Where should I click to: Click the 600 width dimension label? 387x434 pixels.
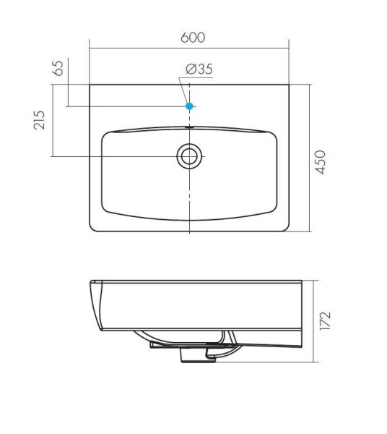click(x=193, y=38)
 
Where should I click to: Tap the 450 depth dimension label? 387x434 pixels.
click(x=321, y=162)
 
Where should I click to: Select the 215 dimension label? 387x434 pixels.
click(x=39, y=120)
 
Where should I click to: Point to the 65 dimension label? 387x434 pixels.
click(x=58, y=68)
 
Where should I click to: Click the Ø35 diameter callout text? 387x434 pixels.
click(x=199, y=69)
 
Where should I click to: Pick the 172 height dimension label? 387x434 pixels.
click(x=325, y=320)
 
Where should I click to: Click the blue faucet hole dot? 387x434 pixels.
click(x=189, y=106)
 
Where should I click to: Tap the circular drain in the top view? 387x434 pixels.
click(x=189, y=156)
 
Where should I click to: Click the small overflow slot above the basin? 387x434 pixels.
click(x=189, y=127)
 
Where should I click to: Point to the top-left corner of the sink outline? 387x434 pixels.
click(x=90, y=85)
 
